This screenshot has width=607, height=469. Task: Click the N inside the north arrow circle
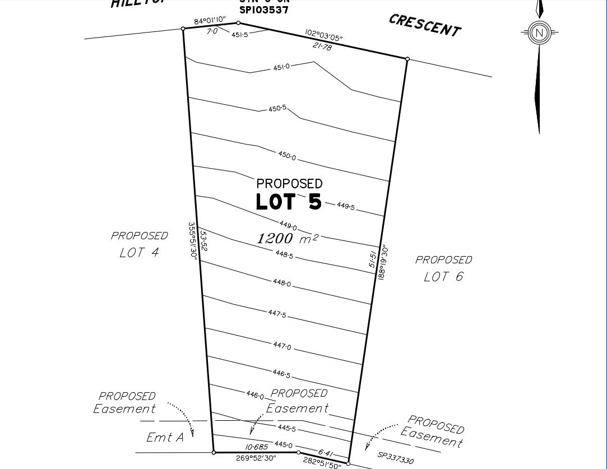[x=540, y=32]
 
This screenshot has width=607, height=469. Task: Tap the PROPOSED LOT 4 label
[x=139, y=244]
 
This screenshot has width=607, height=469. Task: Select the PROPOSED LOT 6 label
[x=443, y=268]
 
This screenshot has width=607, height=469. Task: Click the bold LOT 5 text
[x=289, y=202]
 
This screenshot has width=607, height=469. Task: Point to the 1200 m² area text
[x=288, y=238]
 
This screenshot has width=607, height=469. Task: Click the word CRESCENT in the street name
[x=425, y=25]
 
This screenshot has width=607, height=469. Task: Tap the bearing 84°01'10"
[x=210, y=21]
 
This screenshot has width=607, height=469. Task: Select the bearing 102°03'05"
[x=324, y=35]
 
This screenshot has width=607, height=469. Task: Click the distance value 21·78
[x=322, y=47]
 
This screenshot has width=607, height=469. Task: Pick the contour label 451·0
[x=281, y=67]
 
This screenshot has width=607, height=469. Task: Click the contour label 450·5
[x=277, y=108]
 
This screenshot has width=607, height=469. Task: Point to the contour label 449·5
[x=346, y=206]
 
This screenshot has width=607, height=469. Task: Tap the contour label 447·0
[x=282, y=346]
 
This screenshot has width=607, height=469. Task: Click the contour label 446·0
[x=254, y=395]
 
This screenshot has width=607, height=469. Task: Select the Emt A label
[x=165, y=437]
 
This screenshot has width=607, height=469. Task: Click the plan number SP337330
[x=396, y=458]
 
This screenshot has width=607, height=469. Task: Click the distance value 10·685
[x=257, y=447]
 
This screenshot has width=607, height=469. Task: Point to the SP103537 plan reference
[x=263, y=10]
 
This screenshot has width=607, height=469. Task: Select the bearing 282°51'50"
[x=322, y=462]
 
